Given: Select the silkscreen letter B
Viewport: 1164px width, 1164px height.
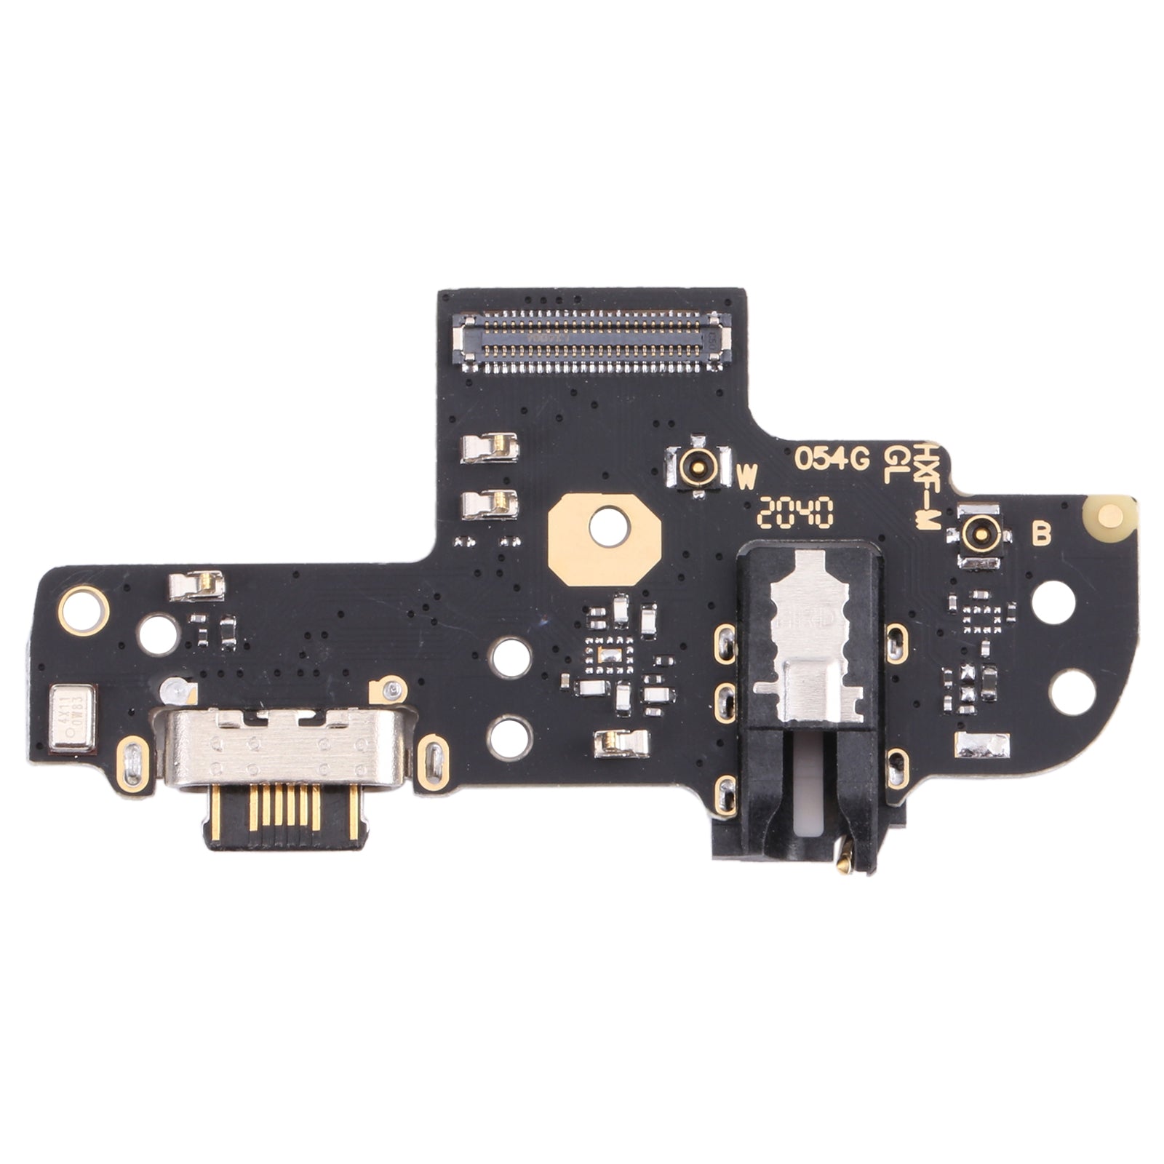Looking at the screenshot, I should [1042, 535].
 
